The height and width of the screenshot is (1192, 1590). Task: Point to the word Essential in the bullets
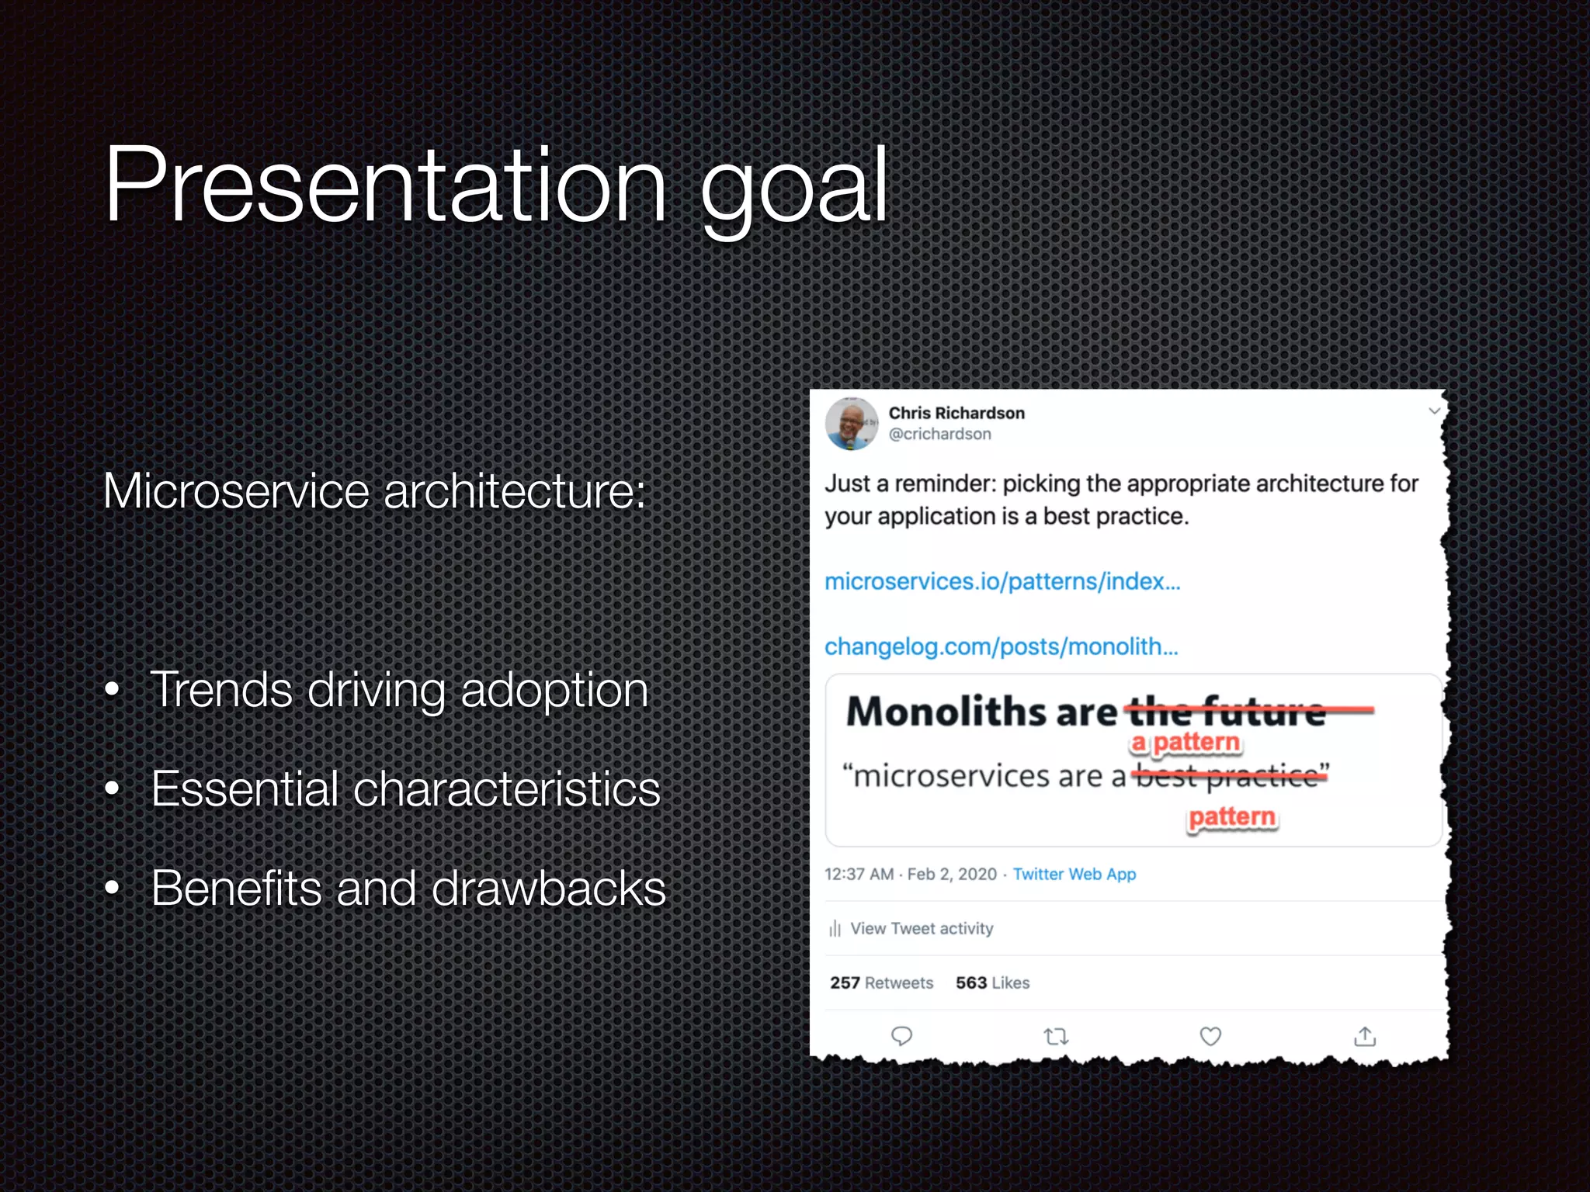tap(245, 788)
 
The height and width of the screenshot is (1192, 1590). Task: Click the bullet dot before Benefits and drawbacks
tap(113, 889)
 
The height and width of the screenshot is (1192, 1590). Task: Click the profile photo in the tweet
tap(852, 424)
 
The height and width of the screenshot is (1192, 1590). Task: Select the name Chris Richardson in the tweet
tap(956, 413)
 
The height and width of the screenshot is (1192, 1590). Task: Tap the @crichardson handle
tap(939, 434)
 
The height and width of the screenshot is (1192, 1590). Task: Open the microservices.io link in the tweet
tap(1002, 581)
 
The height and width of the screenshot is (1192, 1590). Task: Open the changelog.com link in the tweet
tap(1001, 646)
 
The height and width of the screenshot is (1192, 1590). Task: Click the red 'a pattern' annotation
tap(1186, 743)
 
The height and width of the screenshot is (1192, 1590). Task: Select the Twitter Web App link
tap(1074, 874)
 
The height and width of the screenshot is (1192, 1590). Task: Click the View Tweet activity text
tap(921, 928)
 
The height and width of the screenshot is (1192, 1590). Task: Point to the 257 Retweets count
tap(881, 982)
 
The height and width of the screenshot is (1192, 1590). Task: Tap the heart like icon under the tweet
tap(1210, 1036)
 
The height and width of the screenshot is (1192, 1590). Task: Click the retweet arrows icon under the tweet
tap(1056, 1036)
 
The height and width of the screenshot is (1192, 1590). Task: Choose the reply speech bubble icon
tap(901, 1036)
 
